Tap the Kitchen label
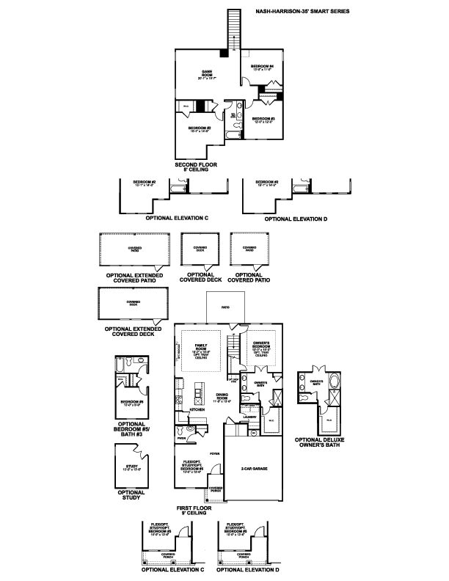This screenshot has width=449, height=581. tap(197, 410)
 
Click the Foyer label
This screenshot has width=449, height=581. tap(215, 455)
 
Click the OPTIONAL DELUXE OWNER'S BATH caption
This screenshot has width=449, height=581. tap(320, 442)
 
